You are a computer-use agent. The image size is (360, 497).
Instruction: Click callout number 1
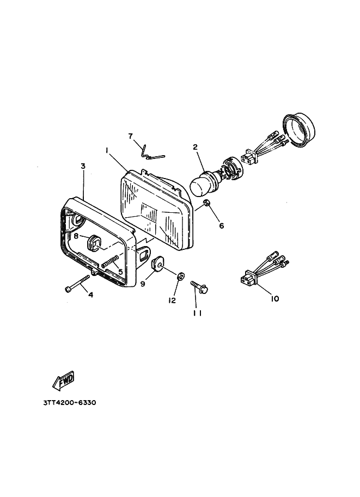coord(107,149)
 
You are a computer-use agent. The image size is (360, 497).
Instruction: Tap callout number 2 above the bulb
coord(195,146)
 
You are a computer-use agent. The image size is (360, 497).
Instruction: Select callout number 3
coord(83,165)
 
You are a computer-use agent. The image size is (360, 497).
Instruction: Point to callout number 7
coord(131,136)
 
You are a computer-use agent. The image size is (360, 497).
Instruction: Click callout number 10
coord(274,298)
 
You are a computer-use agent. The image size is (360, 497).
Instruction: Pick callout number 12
coord(172,300)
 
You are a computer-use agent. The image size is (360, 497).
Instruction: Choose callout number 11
coord(197,312)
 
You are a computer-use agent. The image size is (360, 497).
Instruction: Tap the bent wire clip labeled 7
coord(150,153)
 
